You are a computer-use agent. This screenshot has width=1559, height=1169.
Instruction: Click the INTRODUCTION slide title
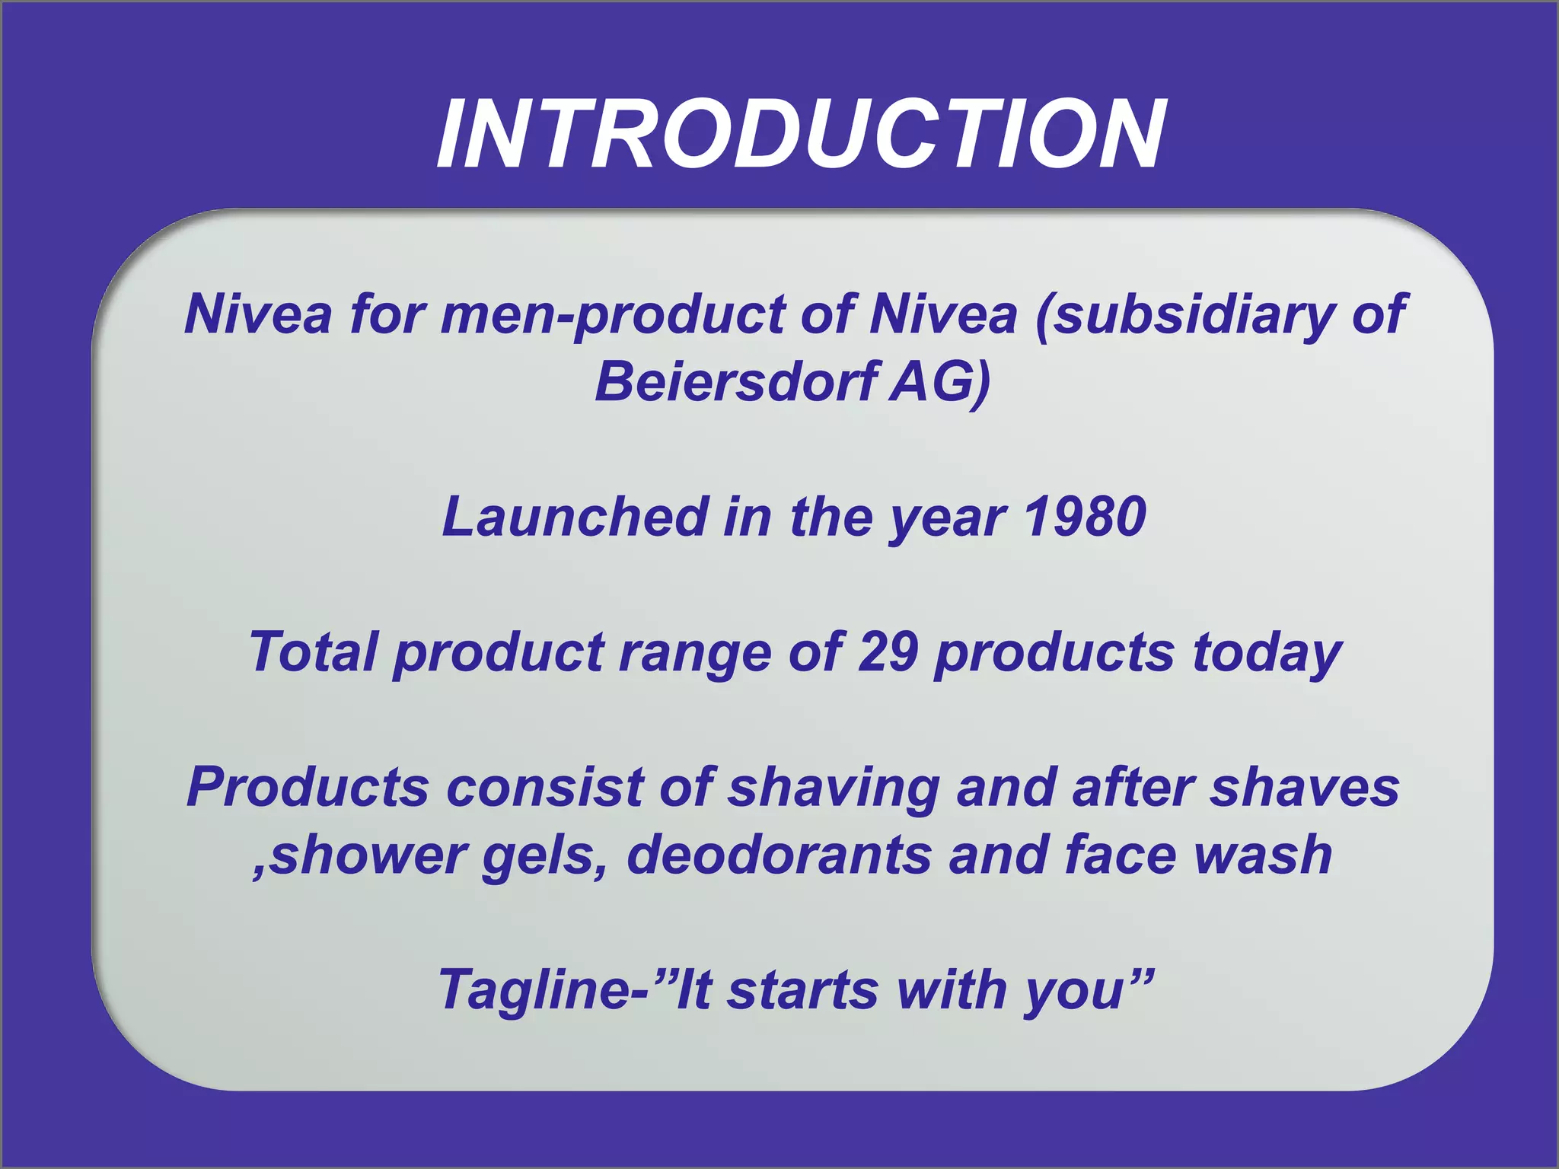tap(801, 135)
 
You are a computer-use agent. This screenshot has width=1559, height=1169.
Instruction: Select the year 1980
tap(1084, 516)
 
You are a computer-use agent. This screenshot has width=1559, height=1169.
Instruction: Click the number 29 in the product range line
tap(887, 651)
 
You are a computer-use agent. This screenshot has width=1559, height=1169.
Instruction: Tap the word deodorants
tap(779, 855)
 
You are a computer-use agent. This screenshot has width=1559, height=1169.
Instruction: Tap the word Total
tap(314, 651)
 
